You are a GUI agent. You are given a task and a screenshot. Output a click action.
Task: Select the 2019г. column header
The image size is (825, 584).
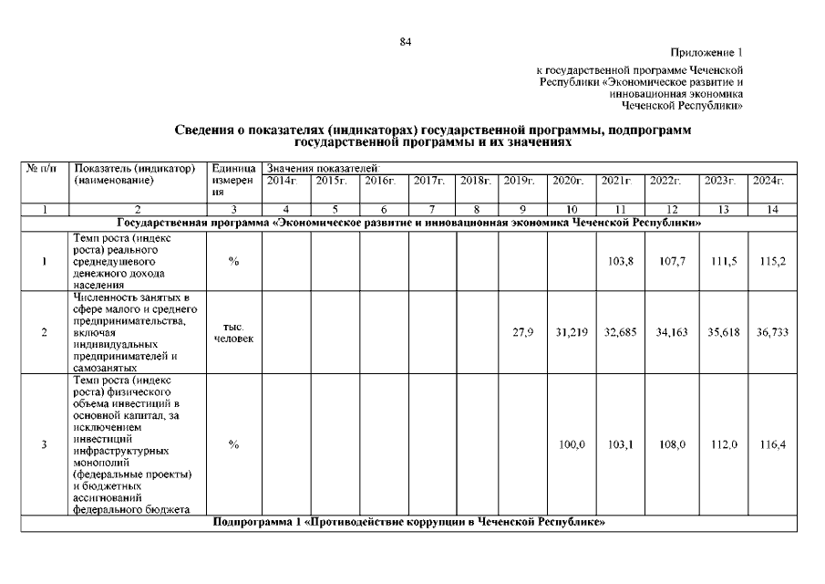coord(520,181)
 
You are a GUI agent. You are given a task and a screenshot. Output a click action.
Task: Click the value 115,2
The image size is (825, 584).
coord(771,261)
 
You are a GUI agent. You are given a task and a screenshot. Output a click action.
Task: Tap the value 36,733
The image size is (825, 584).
coord(771,332)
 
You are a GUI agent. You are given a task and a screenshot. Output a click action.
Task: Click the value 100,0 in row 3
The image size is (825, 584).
coord(571,444)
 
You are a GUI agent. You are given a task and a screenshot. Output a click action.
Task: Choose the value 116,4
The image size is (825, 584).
coord(771,444)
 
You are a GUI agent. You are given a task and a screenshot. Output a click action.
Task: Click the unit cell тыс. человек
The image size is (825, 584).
coord(233,332)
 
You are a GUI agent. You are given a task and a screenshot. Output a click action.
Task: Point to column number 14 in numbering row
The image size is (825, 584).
coord(771,210)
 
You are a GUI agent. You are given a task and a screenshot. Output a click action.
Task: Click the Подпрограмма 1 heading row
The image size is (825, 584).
coord(409,522)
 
